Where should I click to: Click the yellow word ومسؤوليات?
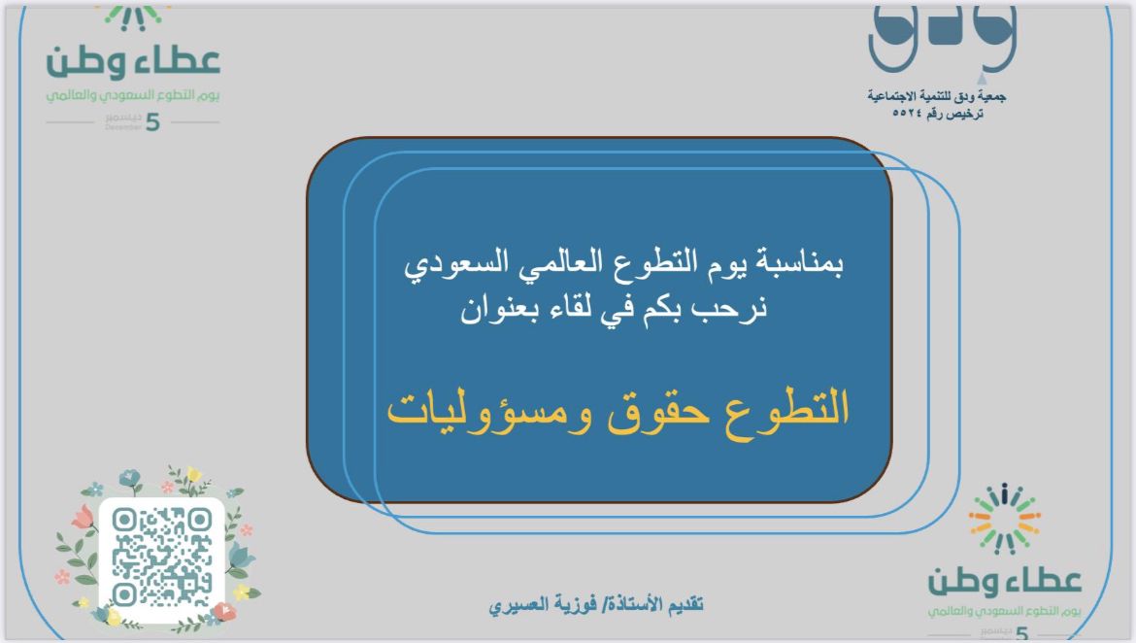pyautogui.click(x=489, y=411)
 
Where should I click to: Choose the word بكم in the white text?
pyautogui.click(x=667, y=307)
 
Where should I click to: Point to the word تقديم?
pyautogui.click(x=684, y=604)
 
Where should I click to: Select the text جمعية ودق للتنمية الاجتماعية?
pyautogui.click(x=936, y=96)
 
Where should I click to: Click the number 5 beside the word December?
pyautogui.click(x=152, y=122)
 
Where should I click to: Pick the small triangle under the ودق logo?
pyautogui.click(x=981, y=77)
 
